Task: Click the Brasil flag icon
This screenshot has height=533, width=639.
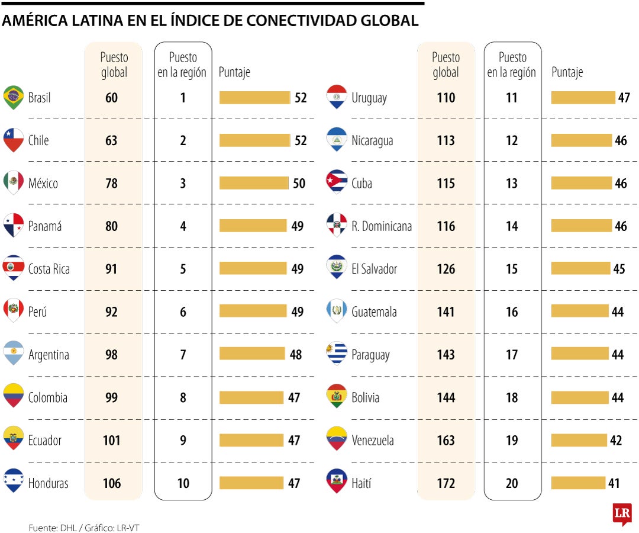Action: (x=13, y=97)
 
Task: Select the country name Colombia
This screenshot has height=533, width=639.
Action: (x=47, y=397)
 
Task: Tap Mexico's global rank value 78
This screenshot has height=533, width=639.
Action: (x=111, y=184)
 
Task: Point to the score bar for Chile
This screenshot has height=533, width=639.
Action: (x=255, y=140)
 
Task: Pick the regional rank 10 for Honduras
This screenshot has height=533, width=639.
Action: (x=183, y=483)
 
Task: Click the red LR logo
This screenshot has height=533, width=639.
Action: (x=622, y=513)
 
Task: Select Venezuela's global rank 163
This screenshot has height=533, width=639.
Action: (x=446, y=441)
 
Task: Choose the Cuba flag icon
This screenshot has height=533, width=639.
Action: (x=337, y=182)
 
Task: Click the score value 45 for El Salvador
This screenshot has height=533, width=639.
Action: (x=619, y=269)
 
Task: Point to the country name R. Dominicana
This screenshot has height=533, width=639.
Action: (x=381, y=226)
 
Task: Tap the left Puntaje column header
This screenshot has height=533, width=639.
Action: (x=234, y=72)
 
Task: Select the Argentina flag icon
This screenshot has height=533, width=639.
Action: (x=13, y=354)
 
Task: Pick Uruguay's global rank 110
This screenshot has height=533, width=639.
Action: (x=446, y=98)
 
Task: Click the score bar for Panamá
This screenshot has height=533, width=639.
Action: (x=254, y=226)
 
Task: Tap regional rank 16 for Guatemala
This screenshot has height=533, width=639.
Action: (x=512, y=312)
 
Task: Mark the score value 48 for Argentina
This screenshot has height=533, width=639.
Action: (x=295, y=355)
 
